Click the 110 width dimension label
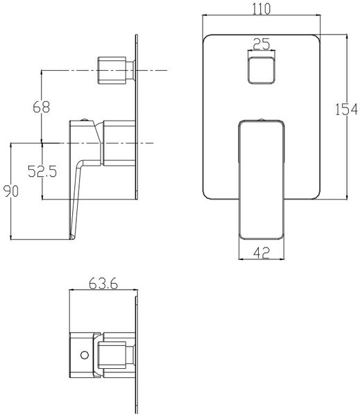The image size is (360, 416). [262, 9]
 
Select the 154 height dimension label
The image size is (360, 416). [346, 110]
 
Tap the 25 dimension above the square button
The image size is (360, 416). [262, 44]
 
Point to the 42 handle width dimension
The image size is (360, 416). [262, 252]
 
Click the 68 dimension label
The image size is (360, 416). [42, 107]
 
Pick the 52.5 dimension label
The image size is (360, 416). [42, 171]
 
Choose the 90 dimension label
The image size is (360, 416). [11, 191]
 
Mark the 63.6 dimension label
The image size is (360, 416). [103, 284]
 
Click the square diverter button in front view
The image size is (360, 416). [262, 70]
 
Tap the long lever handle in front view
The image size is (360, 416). [262, 180]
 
